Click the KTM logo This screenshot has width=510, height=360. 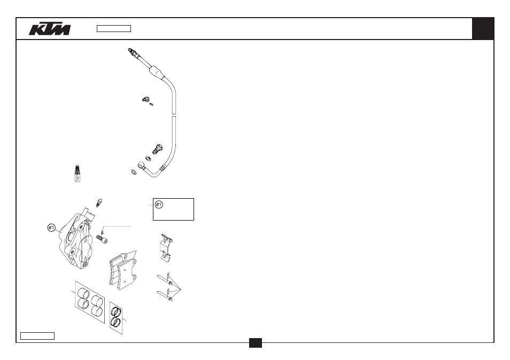[x=50, y=29]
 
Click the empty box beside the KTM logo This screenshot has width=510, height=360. [x=114, y=29]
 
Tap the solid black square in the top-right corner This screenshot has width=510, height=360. [x=483, y=29]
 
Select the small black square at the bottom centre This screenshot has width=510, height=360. [x=256, y=343]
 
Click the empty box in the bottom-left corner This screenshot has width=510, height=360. [x=37, y=336]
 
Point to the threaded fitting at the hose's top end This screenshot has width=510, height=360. [x=133, y=53]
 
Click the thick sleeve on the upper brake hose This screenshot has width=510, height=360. [x=157, y=72]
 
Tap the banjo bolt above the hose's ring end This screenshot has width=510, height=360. [x=157, y=149]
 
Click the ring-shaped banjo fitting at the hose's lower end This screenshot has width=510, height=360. [x=141, y=165]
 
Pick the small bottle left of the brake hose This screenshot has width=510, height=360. [x=77, y=174]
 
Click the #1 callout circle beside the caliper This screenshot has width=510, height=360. [x=52, y=228]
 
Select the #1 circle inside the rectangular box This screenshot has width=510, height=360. [x=159, y=205]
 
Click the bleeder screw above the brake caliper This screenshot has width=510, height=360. [x=99, y=202]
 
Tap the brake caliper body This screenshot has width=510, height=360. [x=77, y=239]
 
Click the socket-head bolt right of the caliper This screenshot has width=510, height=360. [x=102, y=240]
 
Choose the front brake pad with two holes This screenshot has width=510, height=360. [x=127, y=274]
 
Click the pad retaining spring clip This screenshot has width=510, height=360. [x=166, y=247]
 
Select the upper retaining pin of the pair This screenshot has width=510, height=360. [x=164, y=280]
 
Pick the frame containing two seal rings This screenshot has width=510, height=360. [x=116, y=318]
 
